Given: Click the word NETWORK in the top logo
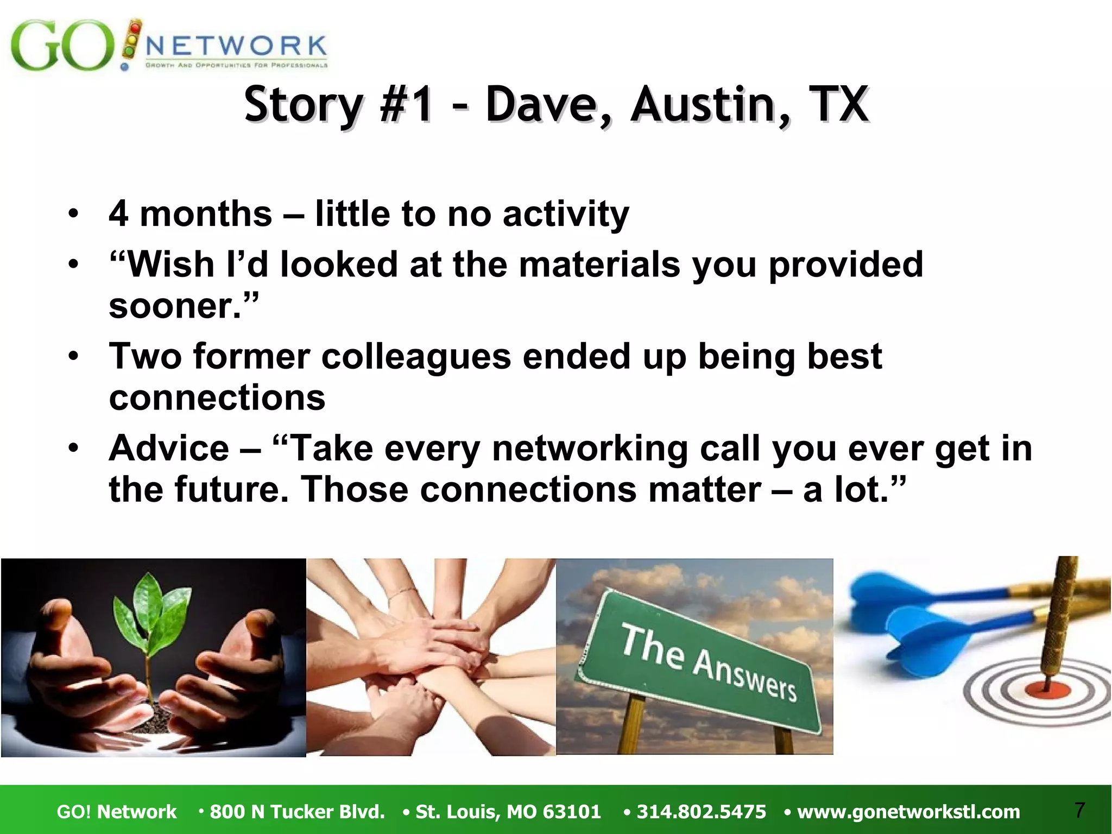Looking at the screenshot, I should coord(236,46).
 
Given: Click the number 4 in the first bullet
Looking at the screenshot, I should coord(118,214).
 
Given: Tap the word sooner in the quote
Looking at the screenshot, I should coord(174,306).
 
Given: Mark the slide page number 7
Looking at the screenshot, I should coord(1079,810).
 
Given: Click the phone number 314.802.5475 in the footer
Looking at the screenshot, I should coord(701,812).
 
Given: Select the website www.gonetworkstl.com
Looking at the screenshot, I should coord(908,812).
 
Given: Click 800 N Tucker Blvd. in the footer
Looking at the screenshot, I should coord(297,812).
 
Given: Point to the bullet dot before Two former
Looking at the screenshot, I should coord(73,357).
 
